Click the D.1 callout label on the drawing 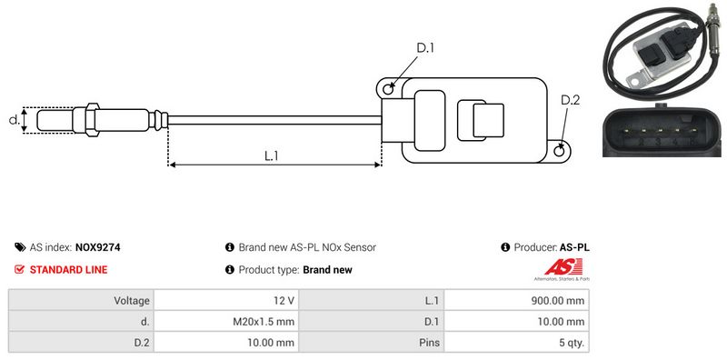425,48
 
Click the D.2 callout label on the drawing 571,100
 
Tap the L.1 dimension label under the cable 271,155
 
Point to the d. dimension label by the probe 15,120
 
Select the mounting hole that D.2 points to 560,149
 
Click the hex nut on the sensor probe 92,120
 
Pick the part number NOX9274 97,247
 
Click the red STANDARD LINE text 69,269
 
